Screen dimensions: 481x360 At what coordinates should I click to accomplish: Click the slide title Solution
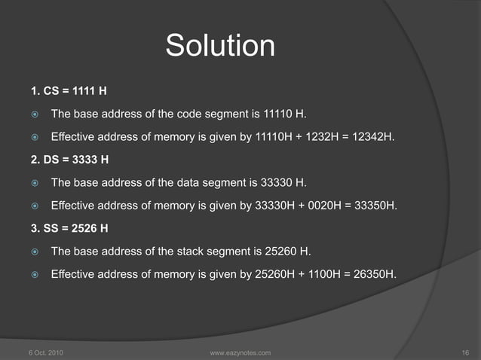click(220, 46)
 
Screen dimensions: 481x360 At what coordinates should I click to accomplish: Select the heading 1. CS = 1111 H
click(69, 93)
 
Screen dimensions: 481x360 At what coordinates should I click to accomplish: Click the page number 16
click(464, 352)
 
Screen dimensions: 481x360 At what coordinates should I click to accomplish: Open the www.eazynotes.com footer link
click(238, 352)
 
